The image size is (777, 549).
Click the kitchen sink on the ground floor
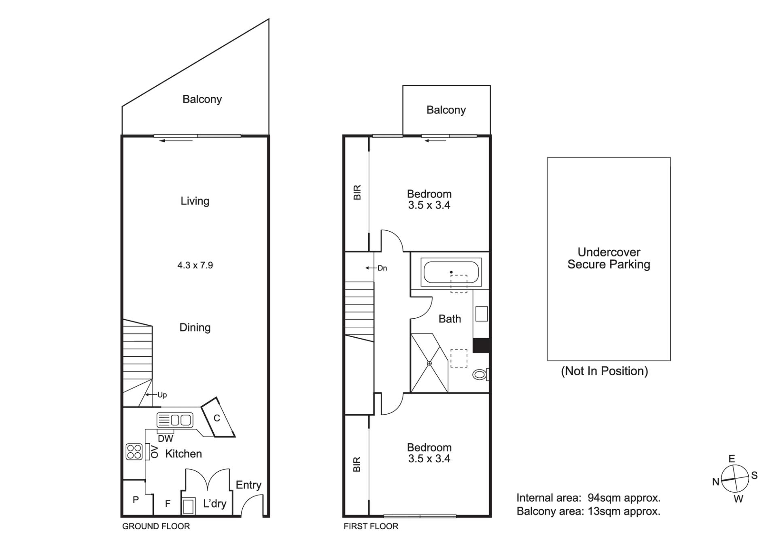[x=175, y=420]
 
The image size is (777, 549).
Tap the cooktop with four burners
[x=134, y=451]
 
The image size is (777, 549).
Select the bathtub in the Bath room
[x=451, y=272]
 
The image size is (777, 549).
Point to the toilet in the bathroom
[x=481, y=375]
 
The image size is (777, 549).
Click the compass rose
[x=735, y=479]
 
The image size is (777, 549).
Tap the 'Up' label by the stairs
[x=162, y=395]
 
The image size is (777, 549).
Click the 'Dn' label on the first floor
[x=382, y=268]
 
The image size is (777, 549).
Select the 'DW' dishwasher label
[x=166, y=438]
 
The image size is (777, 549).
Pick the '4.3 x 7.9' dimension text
[x=195, y=265]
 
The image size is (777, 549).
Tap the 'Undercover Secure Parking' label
[x=609, y=258]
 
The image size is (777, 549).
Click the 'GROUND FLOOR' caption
[x=156, y=526]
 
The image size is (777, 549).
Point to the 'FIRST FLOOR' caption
[x=371, y=526]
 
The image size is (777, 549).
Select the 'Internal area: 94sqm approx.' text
[x=588, y=498]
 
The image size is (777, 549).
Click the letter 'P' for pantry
[x=136, y=500]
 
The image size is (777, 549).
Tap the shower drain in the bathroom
[x=429, y=363]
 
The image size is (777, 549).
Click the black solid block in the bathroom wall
[x=482, y=345]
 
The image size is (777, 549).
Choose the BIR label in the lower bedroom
[x=357, y=464]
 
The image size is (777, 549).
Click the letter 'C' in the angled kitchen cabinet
[x=217, y=418]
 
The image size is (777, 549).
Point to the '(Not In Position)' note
[x=605, y=371]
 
